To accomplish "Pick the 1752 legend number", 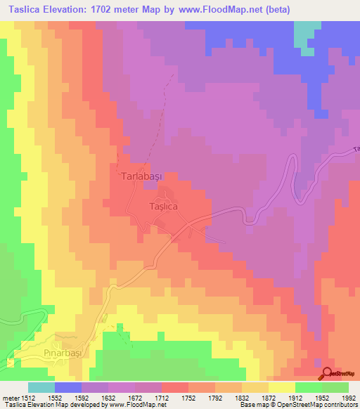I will coord(188,397).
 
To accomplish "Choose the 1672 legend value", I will coord(135,397).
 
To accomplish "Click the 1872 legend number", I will coord(269,397).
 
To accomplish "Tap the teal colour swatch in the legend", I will coord(41,387).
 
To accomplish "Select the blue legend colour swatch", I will coord(67,387).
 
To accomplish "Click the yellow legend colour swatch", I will coord(282,387).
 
